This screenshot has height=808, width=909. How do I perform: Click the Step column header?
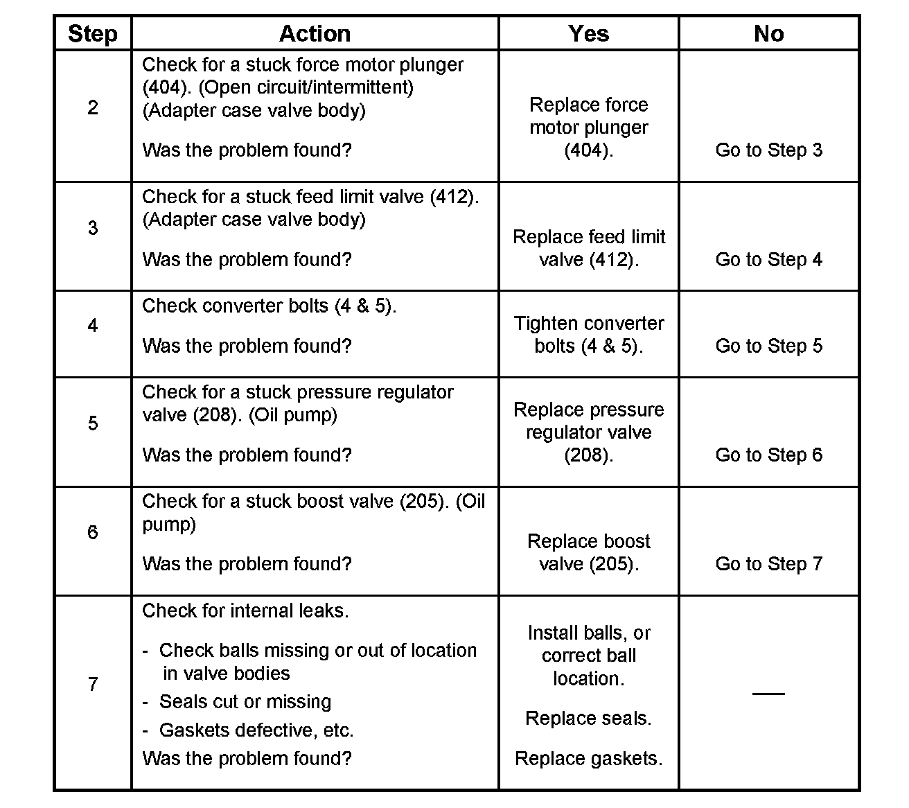[x=93, y=33]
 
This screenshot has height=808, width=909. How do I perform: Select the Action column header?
[x=315, y=33]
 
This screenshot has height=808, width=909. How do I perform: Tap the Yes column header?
[x=588, y=33]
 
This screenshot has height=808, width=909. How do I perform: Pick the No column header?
[x=768, y=33]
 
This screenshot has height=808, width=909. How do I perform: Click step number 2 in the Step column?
[x=93, y=107]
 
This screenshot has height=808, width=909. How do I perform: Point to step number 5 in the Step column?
[x=93, y=423]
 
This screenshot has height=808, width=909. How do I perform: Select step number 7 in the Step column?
[x=93, y=685]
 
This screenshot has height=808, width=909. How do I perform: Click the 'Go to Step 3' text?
[x=768, y=150]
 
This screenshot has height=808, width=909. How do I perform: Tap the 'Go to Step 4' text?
[x=768, y=260]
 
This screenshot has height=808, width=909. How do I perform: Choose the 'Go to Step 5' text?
[x=768, y=346]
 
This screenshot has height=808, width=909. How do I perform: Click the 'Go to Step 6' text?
[x=768, y=455]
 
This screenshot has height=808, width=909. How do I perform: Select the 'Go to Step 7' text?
[x=768, y=564]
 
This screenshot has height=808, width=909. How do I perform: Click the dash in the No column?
[x=768, y=693]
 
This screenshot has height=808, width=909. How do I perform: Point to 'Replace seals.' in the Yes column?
[x=588, y=719]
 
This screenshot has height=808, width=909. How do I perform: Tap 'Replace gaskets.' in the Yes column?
[x=588, y=759]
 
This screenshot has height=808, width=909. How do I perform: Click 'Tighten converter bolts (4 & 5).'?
[x=588, y=335]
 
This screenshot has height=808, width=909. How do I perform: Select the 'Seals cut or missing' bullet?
[x=245, y=702]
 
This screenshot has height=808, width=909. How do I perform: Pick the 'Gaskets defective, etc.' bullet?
[x=256, y=730]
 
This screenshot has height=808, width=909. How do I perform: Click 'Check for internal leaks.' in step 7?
[x=245, y=611]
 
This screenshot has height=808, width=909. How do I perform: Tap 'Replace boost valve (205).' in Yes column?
[x=588, y=552]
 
